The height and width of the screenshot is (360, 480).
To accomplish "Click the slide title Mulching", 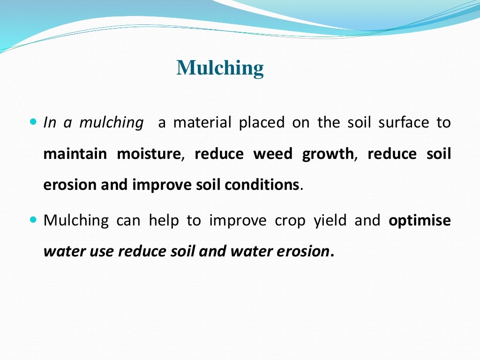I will tap(220, 68).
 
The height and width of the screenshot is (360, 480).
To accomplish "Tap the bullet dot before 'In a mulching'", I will tap(33, 121).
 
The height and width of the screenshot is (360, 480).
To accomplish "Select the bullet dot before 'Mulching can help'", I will tap(33, 219).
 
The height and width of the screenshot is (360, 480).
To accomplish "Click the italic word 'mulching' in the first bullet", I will tap(111, 123).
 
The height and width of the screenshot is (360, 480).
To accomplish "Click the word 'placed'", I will tap(262, 123).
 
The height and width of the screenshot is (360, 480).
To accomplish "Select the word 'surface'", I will tap(398, 123).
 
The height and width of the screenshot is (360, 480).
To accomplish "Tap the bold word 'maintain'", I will tap(75, 154).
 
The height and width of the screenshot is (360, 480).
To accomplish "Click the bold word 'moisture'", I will tap(149, 154).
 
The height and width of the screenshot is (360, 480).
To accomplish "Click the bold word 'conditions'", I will tap(262, 185).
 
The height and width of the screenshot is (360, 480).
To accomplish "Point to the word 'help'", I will tap(164, 220).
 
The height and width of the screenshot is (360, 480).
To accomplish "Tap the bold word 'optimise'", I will tap(420, 221).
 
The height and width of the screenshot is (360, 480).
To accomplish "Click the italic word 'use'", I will tap(104, 252).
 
